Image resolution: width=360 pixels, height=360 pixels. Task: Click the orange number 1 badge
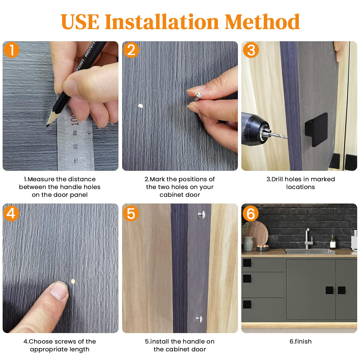pos(12,50)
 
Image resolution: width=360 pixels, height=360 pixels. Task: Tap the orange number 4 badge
pos(11,213)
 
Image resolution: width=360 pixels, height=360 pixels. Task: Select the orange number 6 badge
pos(250,213)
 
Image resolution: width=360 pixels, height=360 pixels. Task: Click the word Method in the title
pos(262,22)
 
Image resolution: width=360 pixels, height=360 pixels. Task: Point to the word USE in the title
pos(80,22)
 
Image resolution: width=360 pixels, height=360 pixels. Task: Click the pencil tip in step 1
pos(47,126)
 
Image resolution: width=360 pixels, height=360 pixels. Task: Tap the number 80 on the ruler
pos(75,147)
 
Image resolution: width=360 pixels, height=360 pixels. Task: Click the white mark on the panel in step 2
pos(140,106)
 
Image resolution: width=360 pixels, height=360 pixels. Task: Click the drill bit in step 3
pos(278,135)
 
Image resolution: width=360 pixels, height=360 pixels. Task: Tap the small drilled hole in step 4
pos(73,281)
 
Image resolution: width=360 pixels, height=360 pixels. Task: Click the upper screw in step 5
pos(202,214)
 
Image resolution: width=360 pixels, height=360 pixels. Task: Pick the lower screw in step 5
pos(199,319)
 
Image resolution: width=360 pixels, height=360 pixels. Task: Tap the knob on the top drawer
pos(247,262)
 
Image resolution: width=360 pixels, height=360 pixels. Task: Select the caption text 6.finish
pos(301,341)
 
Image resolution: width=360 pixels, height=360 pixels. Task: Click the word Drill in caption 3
pos(278,179)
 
